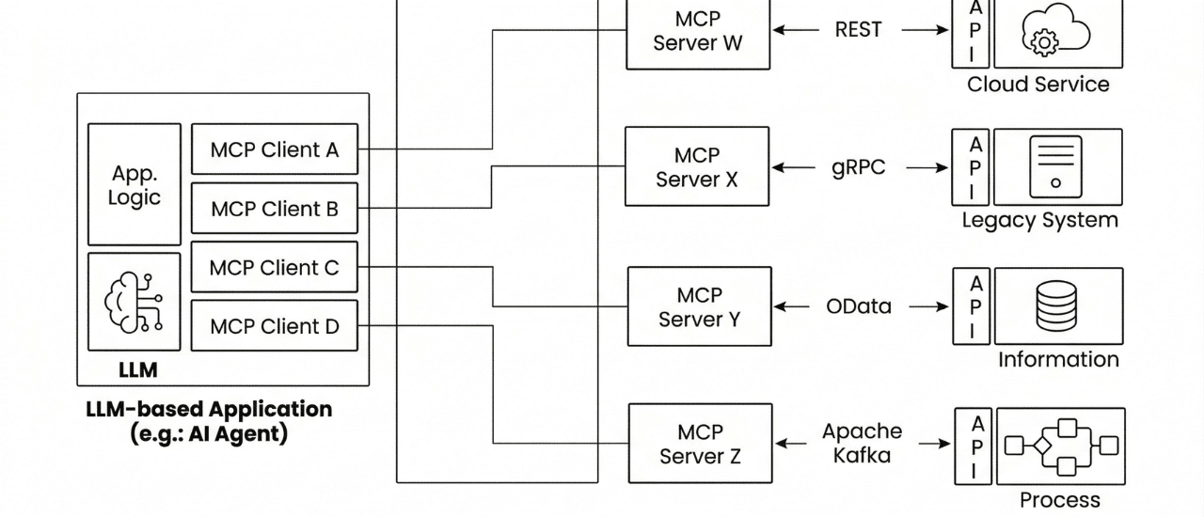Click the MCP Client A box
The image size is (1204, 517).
point(275,149)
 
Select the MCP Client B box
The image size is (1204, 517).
point(275,209)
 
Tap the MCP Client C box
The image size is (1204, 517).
point(275,268)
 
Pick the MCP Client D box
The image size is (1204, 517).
point(275,327)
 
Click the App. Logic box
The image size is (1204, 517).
point(135,185)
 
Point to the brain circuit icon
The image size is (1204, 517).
point(134,301)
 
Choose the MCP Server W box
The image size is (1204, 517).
point(698,31)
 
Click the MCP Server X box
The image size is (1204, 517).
point(697,166)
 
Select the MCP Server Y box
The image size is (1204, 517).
point(699,306)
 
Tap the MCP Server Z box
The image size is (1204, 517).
point(700,445)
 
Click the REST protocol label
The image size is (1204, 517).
point(859,30)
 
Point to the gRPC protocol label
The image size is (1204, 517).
point(859,167)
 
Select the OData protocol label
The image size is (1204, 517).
point(859,306)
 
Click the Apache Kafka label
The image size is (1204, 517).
point(862,444)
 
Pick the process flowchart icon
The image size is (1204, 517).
point(1060,446)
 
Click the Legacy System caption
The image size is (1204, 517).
point(1039,221)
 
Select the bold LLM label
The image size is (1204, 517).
point(138,370)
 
